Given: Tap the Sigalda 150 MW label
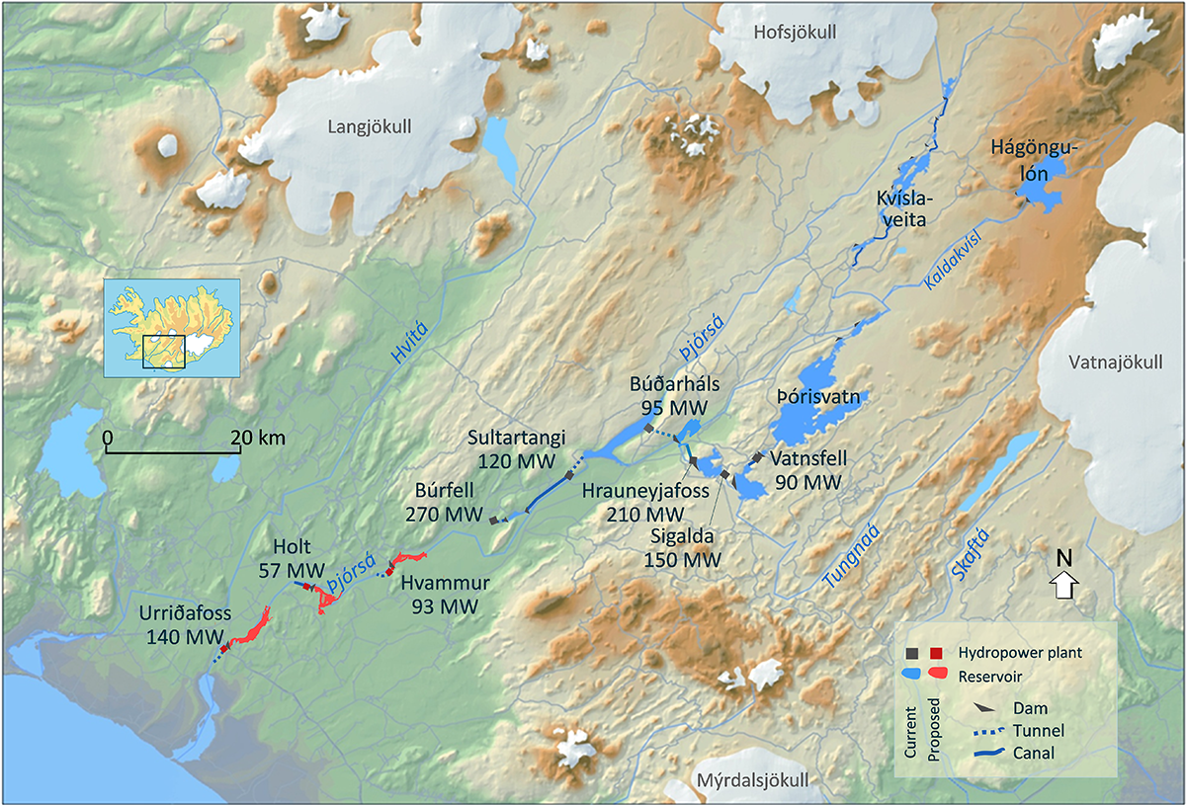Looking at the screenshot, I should point(683,548).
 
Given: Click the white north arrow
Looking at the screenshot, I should point(1064,585).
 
